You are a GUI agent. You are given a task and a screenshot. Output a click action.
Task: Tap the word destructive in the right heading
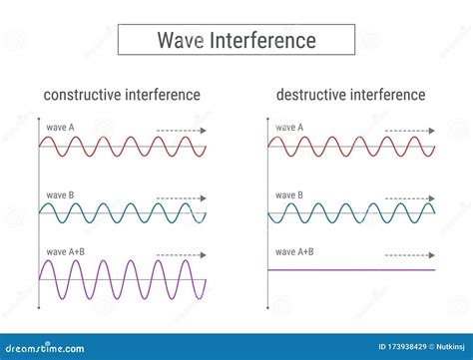pos(311,95)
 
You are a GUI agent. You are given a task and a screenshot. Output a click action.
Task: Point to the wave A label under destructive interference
pos(290,128)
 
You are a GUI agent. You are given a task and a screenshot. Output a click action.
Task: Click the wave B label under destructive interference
pos(290,194)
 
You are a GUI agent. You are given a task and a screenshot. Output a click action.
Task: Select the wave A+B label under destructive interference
pos(295,250)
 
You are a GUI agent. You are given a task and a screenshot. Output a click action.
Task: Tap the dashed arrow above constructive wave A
pos(182,130)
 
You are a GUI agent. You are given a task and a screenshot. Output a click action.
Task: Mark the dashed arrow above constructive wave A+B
pos(182,254)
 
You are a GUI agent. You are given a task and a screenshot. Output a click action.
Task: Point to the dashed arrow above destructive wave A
pos(409,130)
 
